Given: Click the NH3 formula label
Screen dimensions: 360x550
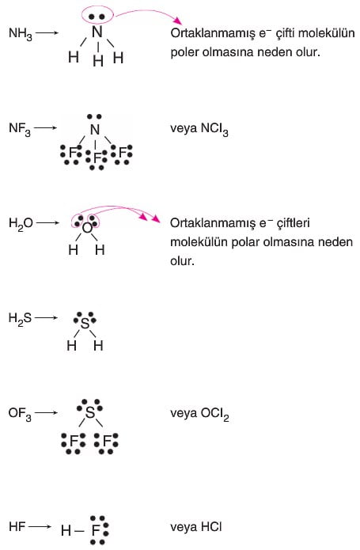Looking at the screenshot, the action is pos(21,34).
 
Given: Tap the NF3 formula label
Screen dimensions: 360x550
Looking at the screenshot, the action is pos(20,129).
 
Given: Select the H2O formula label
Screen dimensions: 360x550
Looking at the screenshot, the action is pos(21,223).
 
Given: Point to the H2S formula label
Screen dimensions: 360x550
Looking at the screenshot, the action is pos(20,319).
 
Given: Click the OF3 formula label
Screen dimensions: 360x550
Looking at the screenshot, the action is pos(20,414).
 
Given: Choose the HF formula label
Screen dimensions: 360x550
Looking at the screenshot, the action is pos(17,526).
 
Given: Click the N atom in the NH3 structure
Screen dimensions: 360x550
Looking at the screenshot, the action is pos(97,32).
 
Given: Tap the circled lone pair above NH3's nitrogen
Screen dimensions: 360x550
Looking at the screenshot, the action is pos(97,17).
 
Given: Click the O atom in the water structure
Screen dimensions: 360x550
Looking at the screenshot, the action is pos(87,229).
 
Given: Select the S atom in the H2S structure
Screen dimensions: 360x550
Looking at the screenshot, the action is pos(85,323).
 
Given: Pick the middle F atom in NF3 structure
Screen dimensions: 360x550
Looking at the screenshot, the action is pos(97,158).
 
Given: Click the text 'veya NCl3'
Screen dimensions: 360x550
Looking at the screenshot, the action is pos(199,129).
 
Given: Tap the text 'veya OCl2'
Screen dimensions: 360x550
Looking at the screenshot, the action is pos(199,414).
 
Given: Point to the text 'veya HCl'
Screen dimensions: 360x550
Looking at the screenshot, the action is pos(196,527).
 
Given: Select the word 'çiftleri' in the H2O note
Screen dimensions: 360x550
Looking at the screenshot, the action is pos(293,223).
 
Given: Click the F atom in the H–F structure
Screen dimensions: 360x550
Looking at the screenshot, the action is pos(96,531).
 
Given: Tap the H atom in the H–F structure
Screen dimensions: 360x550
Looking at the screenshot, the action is pos(66,531).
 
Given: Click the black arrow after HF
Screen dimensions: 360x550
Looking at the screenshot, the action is pos(40,527).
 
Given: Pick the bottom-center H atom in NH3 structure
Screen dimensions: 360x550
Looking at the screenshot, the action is pos(98,62).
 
